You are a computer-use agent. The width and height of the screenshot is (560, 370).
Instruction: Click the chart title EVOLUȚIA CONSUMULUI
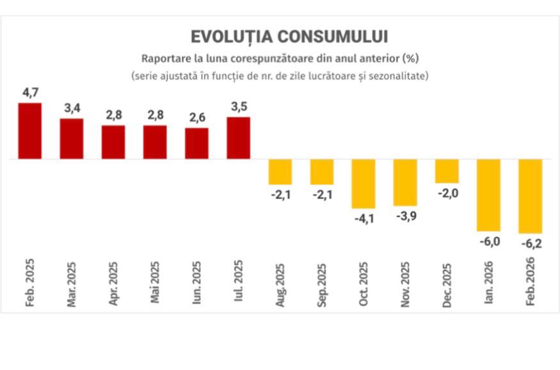pos(289,36)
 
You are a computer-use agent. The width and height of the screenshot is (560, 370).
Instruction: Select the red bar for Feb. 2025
pos(30,131)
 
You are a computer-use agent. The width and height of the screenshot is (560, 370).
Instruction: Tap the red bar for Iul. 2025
pos(238,138)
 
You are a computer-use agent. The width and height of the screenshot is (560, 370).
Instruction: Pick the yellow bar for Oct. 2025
pos(364,183)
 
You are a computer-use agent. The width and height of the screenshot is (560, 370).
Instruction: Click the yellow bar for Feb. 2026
pos(531,196)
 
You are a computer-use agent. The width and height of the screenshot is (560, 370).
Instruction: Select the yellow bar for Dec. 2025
pos(447,171)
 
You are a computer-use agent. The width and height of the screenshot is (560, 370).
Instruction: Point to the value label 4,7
pos(30,93)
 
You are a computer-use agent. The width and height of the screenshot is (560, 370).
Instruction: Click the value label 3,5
pos(238,107)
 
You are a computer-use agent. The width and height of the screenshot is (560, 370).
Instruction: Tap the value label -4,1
pos(364,219)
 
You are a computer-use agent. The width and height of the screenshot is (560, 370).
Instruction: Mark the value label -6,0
pos(489,241)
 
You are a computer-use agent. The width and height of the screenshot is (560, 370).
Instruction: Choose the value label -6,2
pos(531,244)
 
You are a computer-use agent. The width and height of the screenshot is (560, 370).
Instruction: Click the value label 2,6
pos(196,118)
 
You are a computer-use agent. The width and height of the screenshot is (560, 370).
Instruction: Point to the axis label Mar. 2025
pos(72,284)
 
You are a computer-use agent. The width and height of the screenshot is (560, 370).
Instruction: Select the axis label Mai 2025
pos(156,282)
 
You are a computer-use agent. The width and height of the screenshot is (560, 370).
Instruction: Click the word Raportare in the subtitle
pos(165,58)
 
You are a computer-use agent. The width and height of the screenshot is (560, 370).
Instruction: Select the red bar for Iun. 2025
pos(196,143)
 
